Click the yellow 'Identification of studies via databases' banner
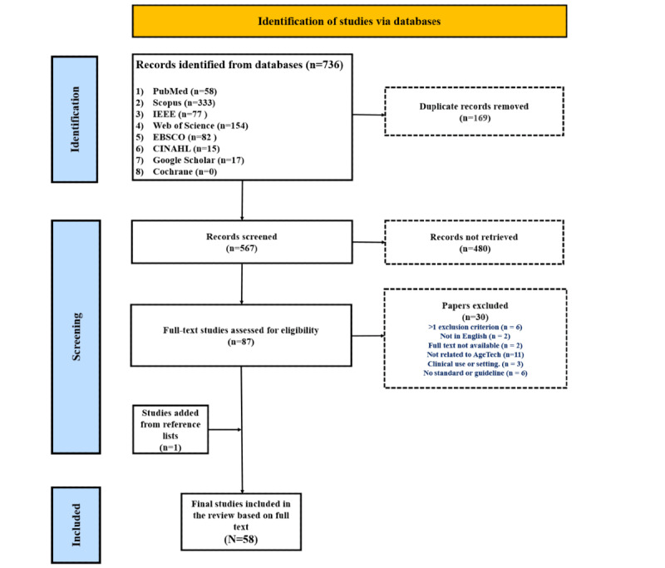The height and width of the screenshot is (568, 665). [x=349, y=22]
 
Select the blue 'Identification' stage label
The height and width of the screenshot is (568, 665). [x=75, y=119]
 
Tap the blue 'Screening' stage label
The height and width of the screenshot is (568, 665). [x=76, y=337]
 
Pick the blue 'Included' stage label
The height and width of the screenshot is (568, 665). [x=76, y=525]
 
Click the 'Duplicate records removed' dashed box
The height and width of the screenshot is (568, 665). [x=474, y=111]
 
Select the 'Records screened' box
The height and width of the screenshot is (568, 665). [x=242, y=242]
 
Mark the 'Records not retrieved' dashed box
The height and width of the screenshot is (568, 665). [x=474, y=242]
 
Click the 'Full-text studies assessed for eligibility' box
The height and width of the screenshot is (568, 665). [x=241, y=335]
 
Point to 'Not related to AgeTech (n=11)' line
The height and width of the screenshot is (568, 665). [x=475, y=354]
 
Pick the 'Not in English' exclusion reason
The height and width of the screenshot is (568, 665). [x=475, y=336]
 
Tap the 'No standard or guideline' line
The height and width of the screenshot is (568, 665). [x=475, y=373]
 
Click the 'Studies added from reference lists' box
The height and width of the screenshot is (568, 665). [x=170, y=429]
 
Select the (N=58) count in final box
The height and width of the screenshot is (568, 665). [x=241, y=539]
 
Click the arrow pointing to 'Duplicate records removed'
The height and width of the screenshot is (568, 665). [x=369, y=115]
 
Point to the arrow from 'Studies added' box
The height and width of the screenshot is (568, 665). [x=225, y=430]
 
